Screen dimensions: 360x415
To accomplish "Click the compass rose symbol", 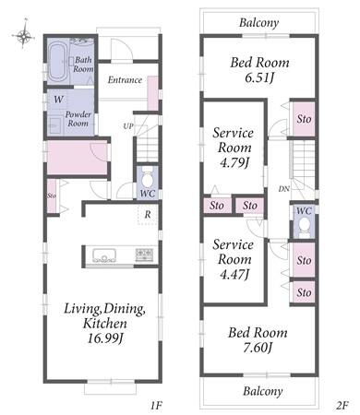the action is click(23, 36).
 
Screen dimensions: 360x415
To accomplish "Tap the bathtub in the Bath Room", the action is click(57, 61).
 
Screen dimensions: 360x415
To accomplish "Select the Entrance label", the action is click(125, 80).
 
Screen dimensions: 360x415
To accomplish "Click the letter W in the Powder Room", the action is click(58, 100).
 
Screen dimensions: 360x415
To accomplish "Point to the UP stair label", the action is click(128, 126).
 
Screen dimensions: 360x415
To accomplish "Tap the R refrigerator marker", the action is click(148, 215).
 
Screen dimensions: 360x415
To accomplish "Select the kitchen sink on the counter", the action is click(104, 255).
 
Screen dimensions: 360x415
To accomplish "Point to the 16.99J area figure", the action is click(105, 338).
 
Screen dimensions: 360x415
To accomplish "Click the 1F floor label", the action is click(156, 406).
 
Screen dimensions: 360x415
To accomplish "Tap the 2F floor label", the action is click(342, 406).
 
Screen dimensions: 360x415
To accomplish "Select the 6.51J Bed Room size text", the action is click(259, 77).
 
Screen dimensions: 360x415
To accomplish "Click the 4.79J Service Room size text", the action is click(234, 162).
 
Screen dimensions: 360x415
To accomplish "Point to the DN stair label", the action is click(284, 189).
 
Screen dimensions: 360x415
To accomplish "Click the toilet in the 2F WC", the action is click(305, 227).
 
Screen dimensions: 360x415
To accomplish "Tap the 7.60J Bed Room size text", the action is click(258, 348).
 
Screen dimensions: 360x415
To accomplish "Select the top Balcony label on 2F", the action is click(259, 23).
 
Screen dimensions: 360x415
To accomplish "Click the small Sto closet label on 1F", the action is click(52, 196).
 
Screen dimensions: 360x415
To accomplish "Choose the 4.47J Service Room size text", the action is click(234, 274).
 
